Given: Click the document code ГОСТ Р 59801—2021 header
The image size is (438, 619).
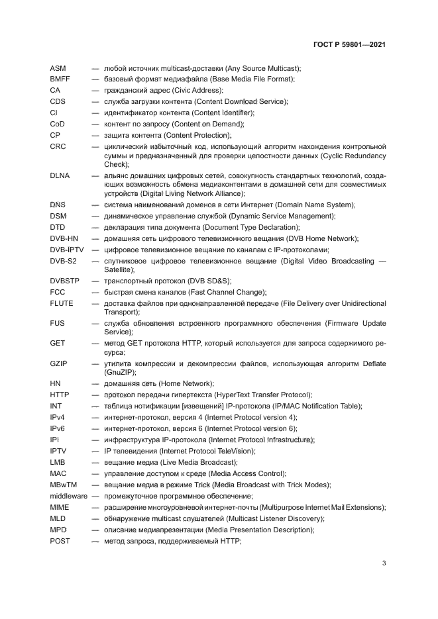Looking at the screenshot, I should tap(349, 45).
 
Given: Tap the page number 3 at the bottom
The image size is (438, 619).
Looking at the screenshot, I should tap(384, 563).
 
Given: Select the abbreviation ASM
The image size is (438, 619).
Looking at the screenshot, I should tap(58, 68).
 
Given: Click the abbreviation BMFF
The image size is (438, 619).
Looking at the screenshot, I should tap(60, 79).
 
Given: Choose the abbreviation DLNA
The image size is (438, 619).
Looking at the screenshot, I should tap(60, 175).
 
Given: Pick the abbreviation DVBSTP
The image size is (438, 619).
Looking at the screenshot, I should tap(65, 281).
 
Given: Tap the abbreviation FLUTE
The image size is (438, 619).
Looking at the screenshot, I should tap(62, 303).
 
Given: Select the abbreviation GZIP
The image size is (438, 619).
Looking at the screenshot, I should tap(59, 363).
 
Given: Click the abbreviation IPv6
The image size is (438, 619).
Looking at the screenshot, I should tap(58, 428).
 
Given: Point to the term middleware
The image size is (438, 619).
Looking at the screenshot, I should tap(69, 496).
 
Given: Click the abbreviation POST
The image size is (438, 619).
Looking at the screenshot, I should tap(60, 541).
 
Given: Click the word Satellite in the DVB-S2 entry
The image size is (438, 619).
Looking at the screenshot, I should tap(119, 270).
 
